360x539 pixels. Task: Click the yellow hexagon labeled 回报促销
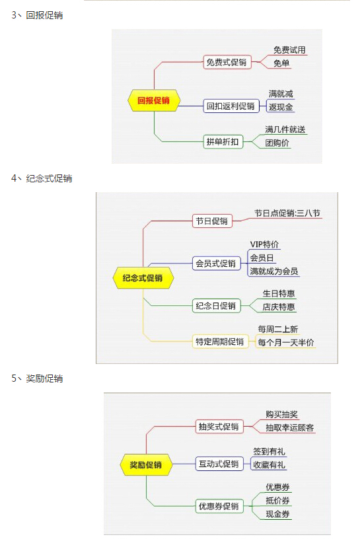pyautogui.click(x=154, y=100)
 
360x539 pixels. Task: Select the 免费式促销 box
pyautogui.click(x=227, y=62)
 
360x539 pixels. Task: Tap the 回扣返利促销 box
pyautogui.click(x=231, y=106)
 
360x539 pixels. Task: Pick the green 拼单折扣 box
pyautogui.click(x=223, y=141)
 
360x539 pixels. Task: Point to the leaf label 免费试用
pyautogui.click(x=289, y=50)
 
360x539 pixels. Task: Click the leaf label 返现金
pyautogui.click(x=281, y=107)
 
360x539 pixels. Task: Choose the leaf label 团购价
pyautogui.click(x=277, y=143)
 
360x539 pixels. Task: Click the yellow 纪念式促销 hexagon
pyautogui.click(x=143, y=277)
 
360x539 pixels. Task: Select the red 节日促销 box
pyautogui.click(x=212, y=221)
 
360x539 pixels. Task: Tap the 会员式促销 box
pyautogui.click(x=216, y=264)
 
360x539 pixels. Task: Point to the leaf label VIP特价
pyautogui.click(x=264, y=244)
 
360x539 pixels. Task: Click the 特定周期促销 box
pyautogui.click(x=220, y=341)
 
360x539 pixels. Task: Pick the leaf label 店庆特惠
pyautogui.click(x=279, y=306)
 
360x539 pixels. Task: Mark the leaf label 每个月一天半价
pyautogui.click(x=286, y=342)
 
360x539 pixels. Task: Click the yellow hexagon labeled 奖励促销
pyautogui.click(x=146, y=465)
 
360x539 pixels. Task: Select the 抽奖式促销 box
pyautogui.click(x=219, y=427)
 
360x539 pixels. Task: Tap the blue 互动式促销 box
pyautogui.click(x=219, y=464)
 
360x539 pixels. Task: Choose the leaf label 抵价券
pyautogui.click(x=277, y=501)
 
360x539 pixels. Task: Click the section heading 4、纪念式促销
pyautogui.click(x=42, y=178)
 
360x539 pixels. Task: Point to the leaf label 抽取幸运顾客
pyautogui.click(x=289, y=427)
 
